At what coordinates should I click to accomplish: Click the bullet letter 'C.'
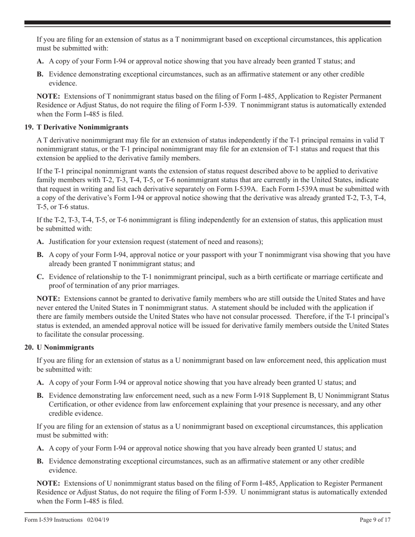[41, 277]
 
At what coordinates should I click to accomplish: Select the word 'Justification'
[67, 241]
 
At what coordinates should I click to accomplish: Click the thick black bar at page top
[207, 23]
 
